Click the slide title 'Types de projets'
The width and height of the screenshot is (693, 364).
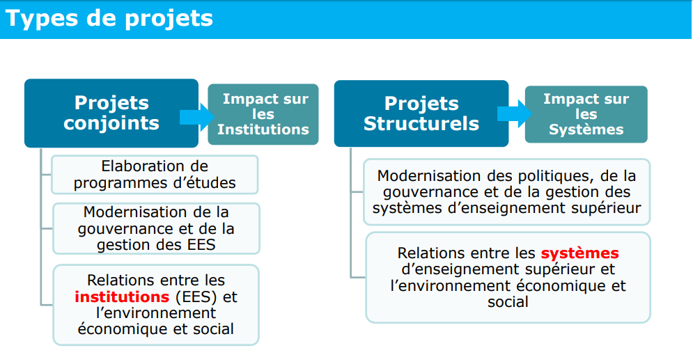109,19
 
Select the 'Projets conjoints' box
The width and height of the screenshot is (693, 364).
111,113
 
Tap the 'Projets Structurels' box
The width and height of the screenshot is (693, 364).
421,113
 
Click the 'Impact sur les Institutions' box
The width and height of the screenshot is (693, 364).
263,114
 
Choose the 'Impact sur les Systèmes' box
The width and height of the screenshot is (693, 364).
586,114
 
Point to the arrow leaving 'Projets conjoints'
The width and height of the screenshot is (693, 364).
197,118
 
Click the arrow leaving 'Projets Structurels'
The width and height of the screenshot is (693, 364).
515,113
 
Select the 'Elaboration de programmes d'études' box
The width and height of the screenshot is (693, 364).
155,175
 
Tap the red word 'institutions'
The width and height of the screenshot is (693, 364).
122,297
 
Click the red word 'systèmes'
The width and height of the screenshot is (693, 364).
580,253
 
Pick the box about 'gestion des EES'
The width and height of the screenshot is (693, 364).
157,228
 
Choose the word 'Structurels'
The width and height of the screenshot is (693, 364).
421,124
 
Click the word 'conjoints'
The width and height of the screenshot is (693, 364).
111,123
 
